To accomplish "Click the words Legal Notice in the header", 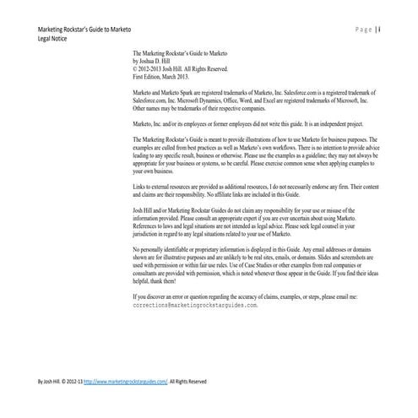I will click(x=44, y=39).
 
